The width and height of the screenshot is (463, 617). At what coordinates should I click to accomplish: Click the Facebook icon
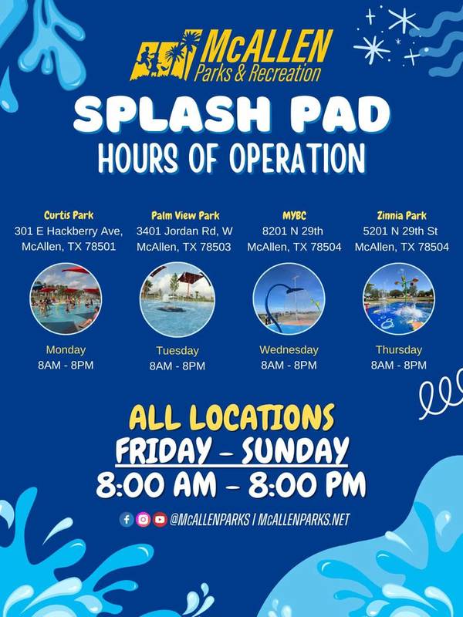127,520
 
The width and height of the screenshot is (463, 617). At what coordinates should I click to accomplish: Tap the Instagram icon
144,520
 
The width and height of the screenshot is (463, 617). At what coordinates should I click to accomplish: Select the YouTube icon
160,520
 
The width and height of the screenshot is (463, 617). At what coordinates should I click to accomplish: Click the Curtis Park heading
69,215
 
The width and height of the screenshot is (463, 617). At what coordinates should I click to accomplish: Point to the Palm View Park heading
185,216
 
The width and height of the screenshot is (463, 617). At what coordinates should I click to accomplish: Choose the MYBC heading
294,216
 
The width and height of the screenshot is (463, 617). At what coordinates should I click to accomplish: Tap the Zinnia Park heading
401,216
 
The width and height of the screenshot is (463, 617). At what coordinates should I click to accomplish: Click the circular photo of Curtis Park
66,298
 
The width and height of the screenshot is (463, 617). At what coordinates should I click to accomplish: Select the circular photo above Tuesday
177,299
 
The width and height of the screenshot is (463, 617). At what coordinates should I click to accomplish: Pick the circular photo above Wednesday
289,299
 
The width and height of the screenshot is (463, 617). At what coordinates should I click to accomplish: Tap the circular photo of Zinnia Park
399,299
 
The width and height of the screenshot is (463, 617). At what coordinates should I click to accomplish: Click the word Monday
66,350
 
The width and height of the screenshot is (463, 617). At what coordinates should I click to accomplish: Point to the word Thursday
399,350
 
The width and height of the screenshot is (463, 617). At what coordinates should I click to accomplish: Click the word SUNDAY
296,450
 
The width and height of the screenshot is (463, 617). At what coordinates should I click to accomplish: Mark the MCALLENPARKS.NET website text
303,520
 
